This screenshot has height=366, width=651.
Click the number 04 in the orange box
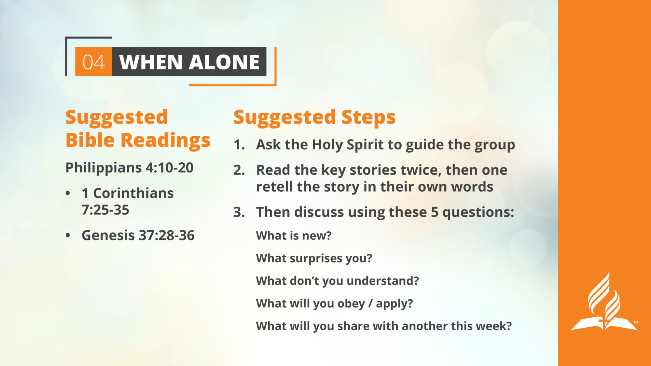[x=93, y=62]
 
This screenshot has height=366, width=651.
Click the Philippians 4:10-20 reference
[x=130, y=168]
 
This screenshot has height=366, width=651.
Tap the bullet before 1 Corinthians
[x=68, y=193]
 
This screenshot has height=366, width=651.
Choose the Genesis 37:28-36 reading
[x=138, y=235]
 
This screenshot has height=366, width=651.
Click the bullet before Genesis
[x=68, y=235]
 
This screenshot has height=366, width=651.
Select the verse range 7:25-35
[x=105, y=210]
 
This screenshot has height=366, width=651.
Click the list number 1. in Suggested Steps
[x=239, y=145]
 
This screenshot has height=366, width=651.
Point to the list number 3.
[x=239, y=212]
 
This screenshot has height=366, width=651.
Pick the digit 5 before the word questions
[x=435, y=212]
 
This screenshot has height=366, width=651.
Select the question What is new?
[x=294, y=236]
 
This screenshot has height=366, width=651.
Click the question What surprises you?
[x=314, y=258]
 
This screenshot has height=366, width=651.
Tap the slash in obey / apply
[x=370, y=304]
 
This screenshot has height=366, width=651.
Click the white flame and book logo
[x=604, y=301]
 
